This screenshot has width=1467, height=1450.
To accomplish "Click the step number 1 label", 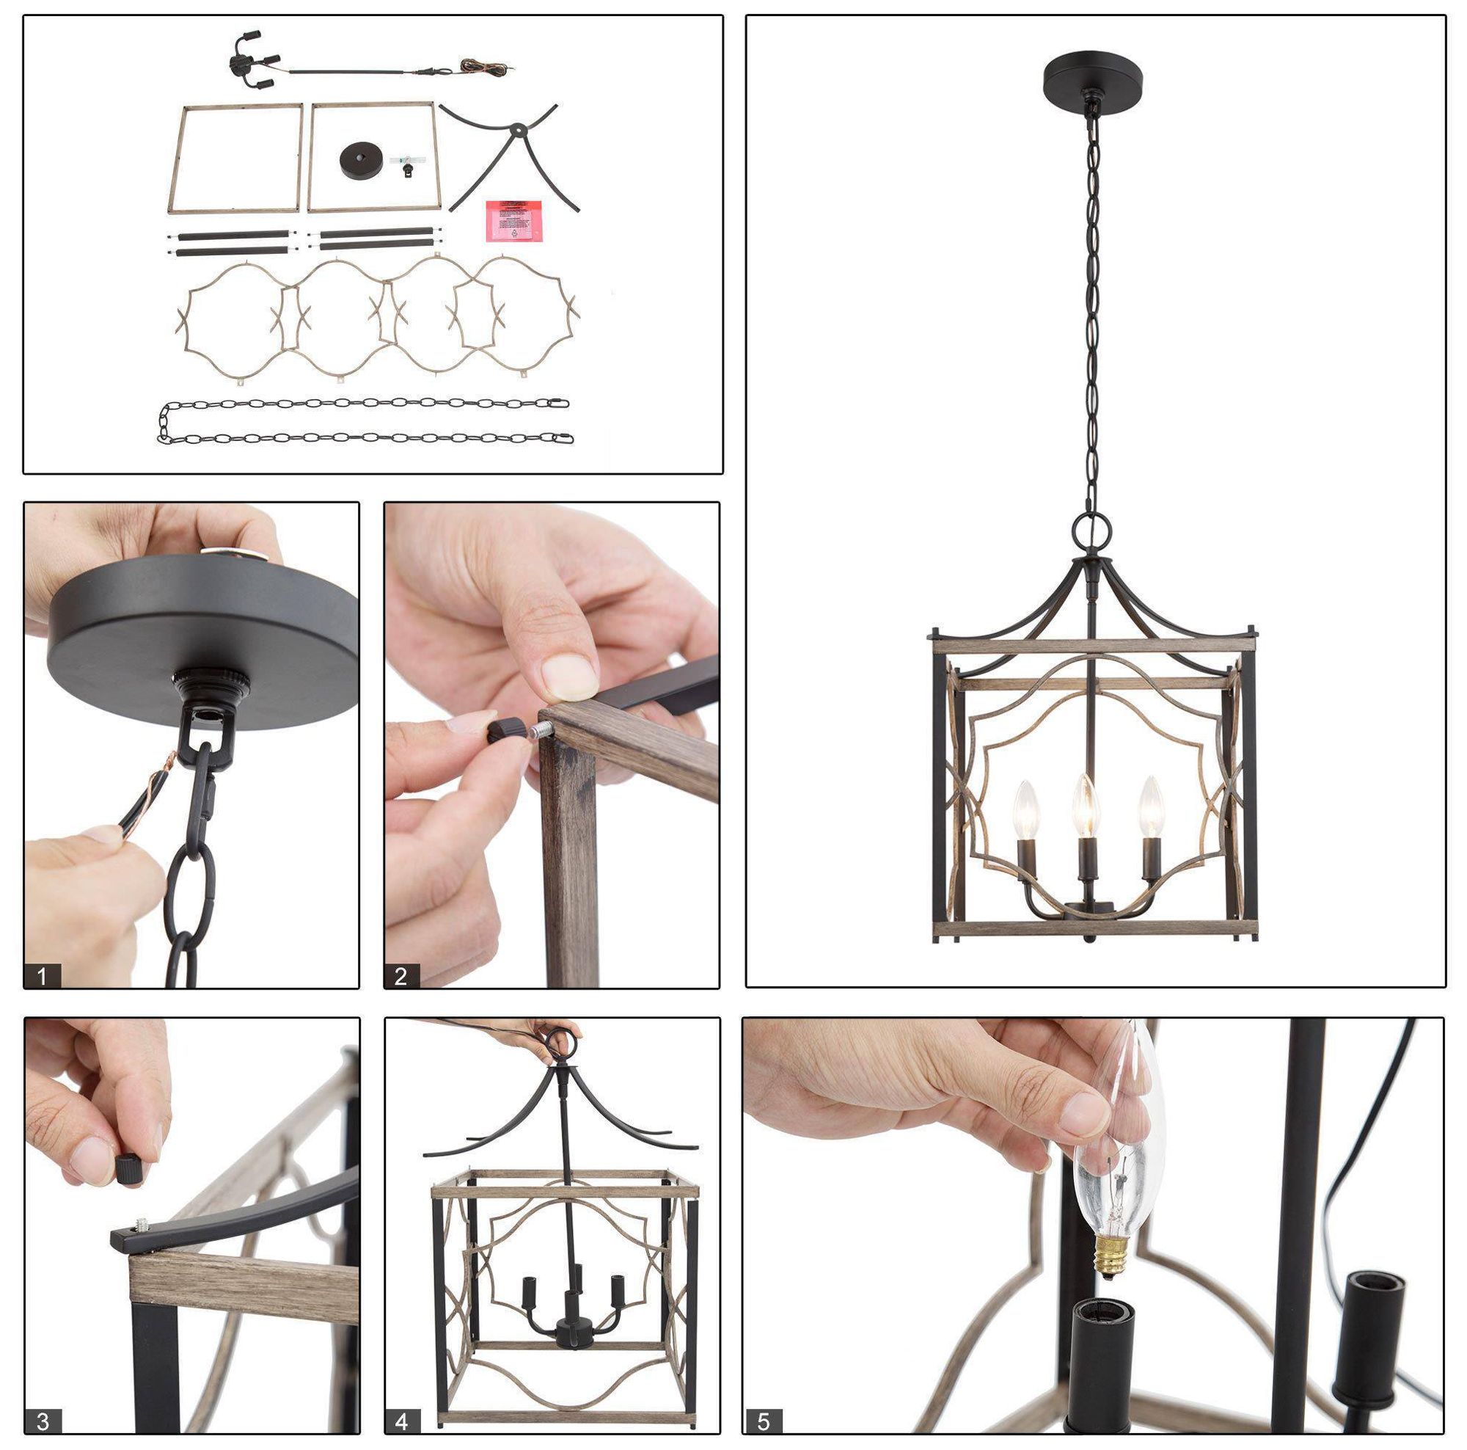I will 42,975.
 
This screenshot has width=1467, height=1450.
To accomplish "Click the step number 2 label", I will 401,975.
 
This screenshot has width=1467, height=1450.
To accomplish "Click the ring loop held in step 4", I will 563,1037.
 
